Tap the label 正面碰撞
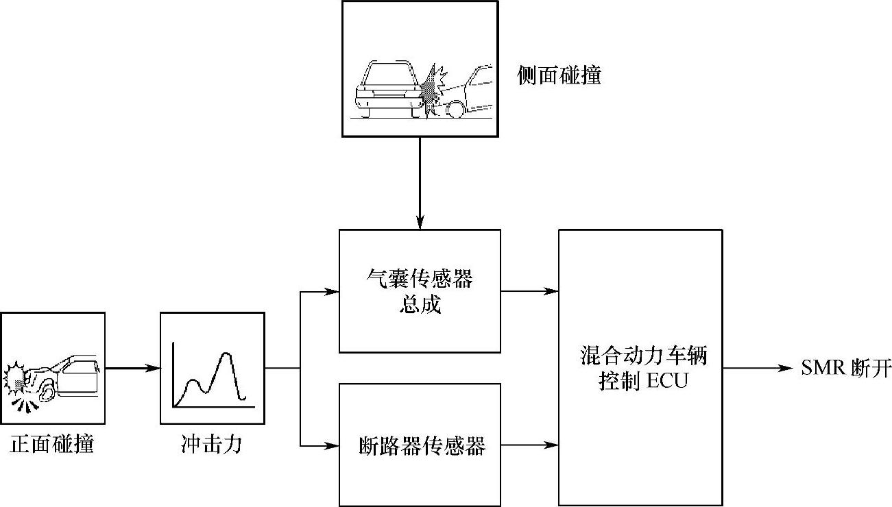[52, 445]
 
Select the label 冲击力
[211, 445]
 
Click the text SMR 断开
[846, 369]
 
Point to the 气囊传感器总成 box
[420, 291]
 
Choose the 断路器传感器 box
[420, 445]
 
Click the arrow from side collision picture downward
[420, 182]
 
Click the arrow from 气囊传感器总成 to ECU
[529, 291]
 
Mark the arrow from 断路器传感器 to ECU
[529, 445]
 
